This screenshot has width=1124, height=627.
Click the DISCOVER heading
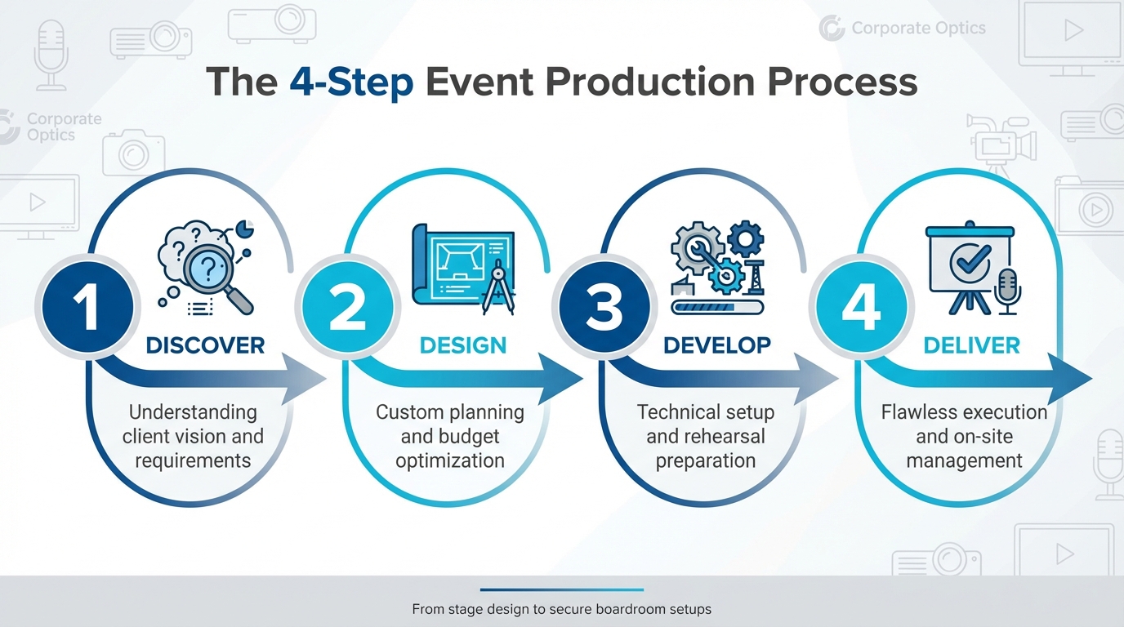point(205,345)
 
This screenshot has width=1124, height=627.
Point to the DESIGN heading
point(462,345)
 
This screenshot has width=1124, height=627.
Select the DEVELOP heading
point(717,345)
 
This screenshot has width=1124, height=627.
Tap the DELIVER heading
point(971,345)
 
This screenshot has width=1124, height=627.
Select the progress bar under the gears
point(717,307)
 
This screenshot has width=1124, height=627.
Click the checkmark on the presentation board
point(970,260)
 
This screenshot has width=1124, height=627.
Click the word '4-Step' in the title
point(350,83)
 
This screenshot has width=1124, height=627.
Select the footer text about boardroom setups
point(561,609)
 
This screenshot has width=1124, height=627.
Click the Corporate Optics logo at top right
point(903,29)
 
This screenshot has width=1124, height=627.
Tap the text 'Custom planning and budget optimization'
point(450,436)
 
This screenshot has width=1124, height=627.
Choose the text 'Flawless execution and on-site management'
point(964,436)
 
